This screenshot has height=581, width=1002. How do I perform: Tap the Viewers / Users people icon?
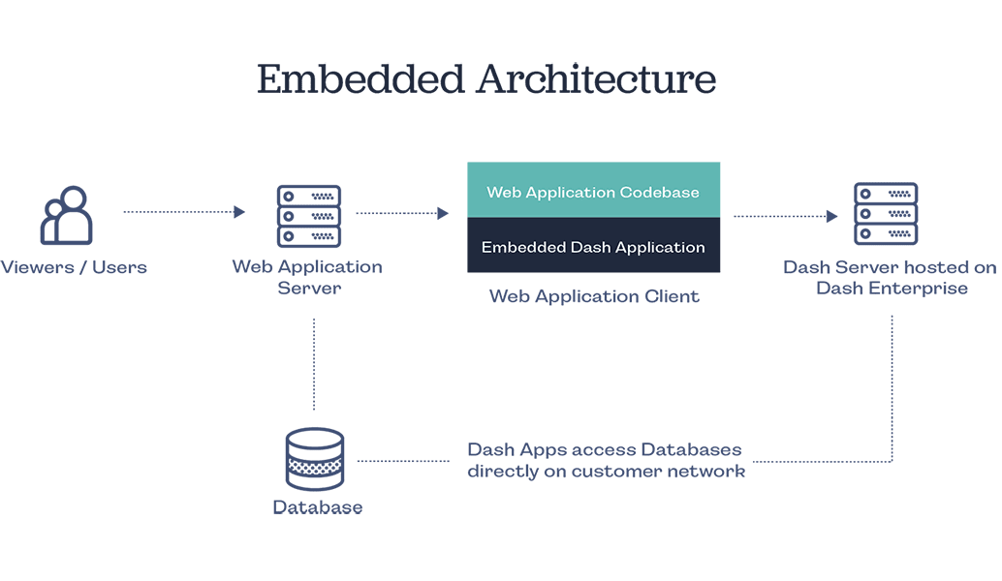click(67, 217)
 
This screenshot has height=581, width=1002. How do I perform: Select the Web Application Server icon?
click(310, 215)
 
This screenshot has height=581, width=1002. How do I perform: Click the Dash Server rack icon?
click(886, 213)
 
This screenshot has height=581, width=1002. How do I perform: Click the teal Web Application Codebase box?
click(593, 190)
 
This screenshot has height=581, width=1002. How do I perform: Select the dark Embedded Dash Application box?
click(593, 245)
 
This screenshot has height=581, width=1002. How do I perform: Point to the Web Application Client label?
click(593, 296)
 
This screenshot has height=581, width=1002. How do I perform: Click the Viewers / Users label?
click(75, 266)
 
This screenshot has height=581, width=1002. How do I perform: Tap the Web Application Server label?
click(307, 277)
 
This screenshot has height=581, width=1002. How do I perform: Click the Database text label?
click(317, 507)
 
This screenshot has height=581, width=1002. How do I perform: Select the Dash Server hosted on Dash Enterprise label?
click(890, 277)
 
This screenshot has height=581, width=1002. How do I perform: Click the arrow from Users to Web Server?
click(184, 211)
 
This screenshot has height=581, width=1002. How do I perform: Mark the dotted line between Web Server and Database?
click(314, 363)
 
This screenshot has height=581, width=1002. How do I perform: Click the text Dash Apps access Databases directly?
click(606, 461)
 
